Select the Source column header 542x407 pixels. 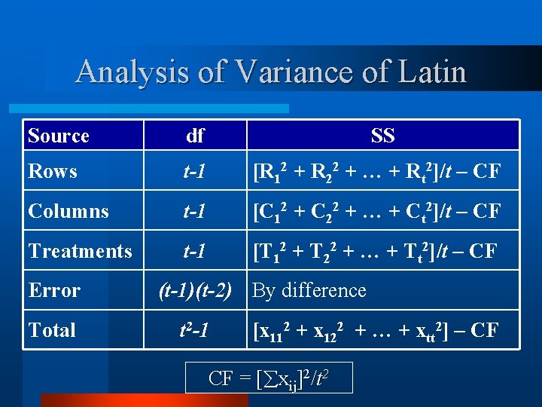click(59, 136)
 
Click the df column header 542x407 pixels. click(195, 136)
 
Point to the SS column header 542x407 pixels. click(382, 136)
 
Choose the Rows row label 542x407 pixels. click(53, 171)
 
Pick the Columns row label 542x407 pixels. click(67, 211)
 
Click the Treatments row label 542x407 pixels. click(80, 251)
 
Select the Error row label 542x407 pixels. click(54, 290)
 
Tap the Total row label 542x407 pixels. click(52, 330)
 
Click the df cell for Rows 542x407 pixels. click(195, 172)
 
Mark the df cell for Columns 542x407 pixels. click(195, 211)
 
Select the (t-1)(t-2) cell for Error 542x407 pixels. click(195, 290)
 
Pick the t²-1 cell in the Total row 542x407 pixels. click(195, 330)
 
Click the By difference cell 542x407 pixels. click(309, 290)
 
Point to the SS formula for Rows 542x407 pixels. click(376, 172)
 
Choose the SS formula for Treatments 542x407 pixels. click(375, 251)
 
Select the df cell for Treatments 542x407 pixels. click(195, 251)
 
